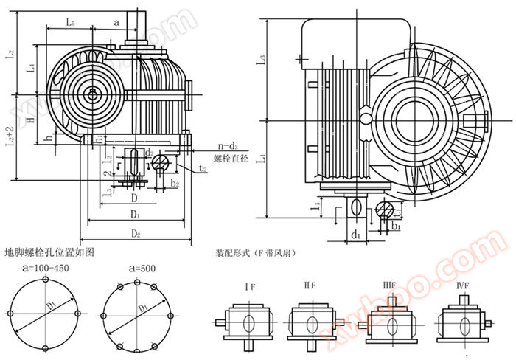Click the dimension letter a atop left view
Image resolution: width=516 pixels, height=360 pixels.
(116, 23)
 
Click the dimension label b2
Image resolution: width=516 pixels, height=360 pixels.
(175, 182)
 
